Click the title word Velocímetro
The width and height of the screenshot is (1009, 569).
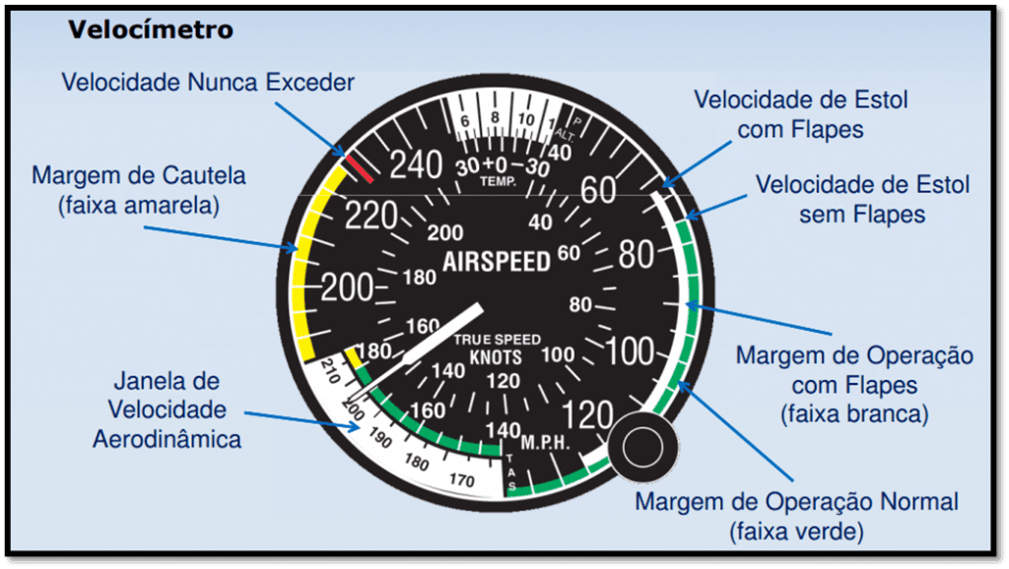(150, 30)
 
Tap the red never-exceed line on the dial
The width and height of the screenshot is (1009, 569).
(359, 166)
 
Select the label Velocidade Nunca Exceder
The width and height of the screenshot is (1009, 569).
(207, 82)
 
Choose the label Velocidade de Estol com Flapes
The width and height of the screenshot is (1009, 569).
(800, 114)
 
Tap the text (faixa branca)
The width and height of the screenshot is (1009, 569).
(853, 413)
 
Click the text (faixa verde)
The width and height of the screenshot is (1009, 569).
(796, 532)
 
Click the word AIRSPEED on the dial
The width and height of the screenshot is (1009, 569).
(496, 262)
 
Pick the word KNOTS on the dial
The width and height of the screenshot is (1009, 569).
(496, 356)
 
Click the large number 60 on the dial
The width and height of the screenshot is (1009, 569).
(597, 189)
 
